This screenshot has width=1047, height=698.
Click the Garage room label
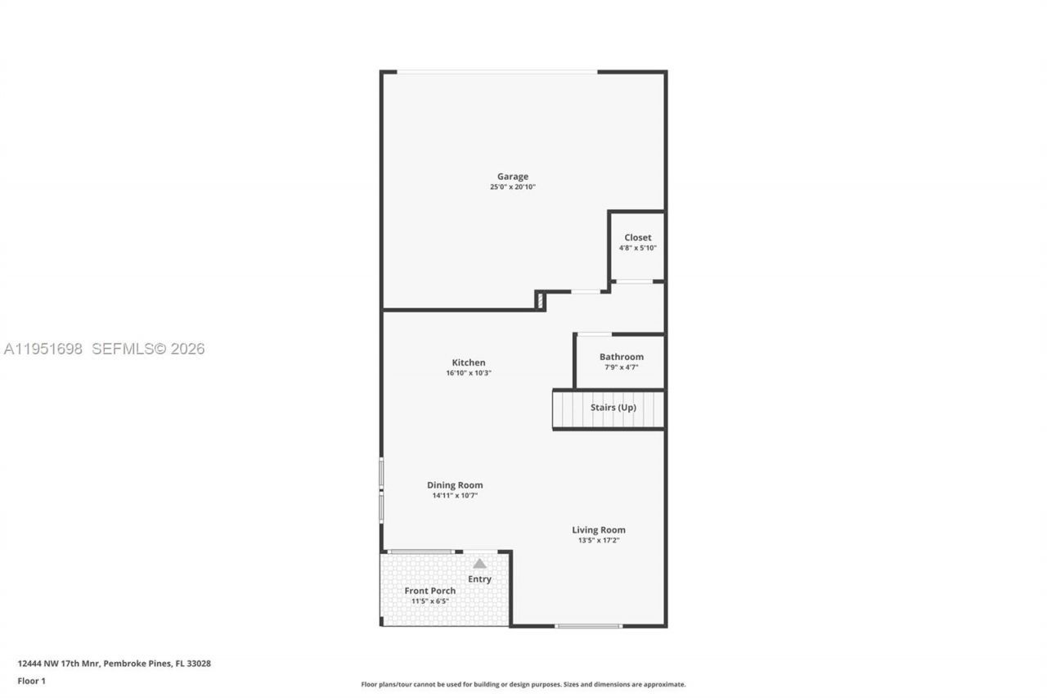coord(513,176)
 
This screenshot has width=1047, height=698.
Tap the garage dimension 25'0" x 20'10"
coord(513,187)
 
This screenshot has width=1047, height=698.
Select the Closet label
coord(638,237)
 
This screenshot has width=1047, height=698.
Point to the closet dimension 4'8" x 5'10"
coord(638,248)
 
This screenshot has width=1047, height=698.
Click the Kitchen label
coord(469,363)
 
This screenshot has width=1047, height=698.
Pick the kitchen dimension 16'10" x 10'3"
coord(469,373)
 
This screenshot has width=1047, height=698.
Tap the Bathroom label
coord(622,357)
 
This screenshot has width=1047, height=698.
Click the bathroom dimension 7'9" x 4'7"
coord(622,367)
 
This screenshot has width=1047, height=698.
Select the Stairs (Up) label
coord(613,408)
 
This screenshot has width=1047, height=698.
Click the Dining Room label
coord(455,485)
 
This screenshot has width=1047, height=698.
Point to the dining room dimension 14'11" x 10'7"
coord(455,496)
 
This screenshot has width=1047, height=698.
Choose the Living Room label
coord(599,529)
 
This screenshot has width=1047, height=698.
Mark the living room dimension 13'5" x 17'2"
coord(599,540)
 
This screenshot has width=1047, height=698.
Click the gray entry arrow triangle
coord(479,563)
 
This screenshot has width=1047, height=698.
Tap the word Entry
coord(479,579)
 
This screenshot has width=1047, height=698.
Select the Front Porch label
coord(430,591)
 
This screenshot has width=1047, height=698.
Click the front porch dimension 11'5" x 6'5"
coord(430,601)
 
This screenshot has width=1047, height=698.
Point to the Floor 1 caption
coord(32,681)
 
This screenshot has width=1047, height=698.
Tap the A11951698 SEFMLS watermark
coord(104,349)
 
